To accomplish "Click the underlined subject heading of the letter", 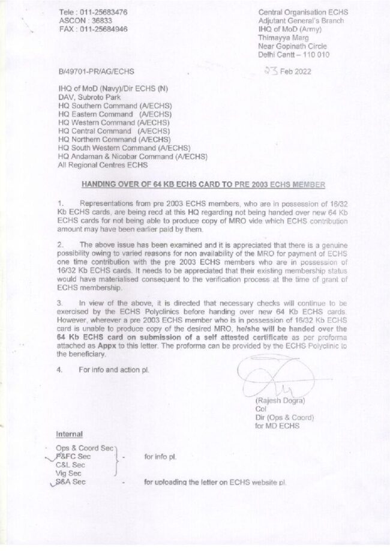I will pyautogui.click(x=203, y=184).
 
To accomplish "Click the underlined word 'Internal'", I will pyautogui.click(x=69, y=434).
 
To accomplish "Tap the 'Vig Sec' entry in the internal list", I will pyautogui.click(x=68, y=473).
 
